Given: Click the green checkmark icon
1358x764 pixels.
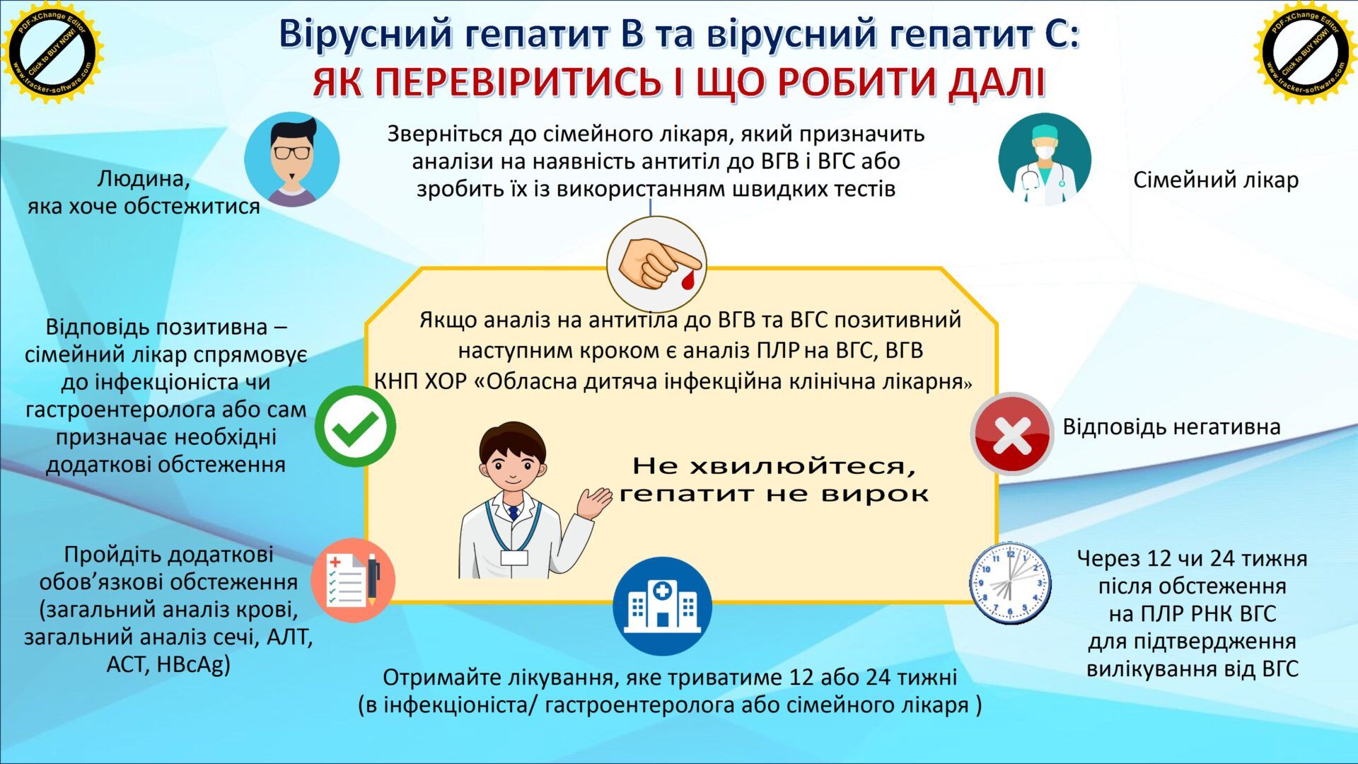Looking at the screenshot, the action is [355, 426].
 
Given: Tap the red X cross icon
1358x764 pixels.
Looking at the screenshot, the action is [1012, 434].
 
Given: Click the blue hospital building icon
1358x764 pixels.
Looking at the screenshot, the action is [662, 606].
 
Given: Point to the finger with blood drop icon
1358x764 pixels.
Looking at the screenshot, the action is [656, 264].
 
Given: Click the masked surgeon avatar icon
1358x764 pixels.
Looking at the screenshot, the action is [1045, 159].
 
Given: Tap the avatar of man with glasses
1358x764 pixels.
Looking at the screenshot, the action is [292, 159].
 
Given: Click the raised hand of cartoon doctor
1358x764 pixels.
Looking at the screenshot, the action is [594, 503].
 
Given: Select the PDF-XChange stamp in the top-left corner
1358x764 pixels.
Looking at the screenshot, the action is [52, 52].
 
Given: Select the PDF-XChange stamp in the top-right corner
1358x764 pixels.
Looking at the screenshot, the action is [1306, 52].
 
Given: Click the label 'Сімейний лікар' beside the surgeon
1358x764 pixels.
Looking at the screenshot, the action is [1216, 180].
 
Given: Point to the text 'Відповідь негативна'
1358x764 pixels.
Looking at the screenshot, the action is [1171, 427].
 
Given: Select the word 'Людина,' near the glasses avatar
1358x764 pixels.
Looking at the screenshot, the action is [144, 178].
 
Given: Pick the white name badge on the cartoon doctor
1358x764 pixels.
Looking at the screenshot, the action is [514, 557].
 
